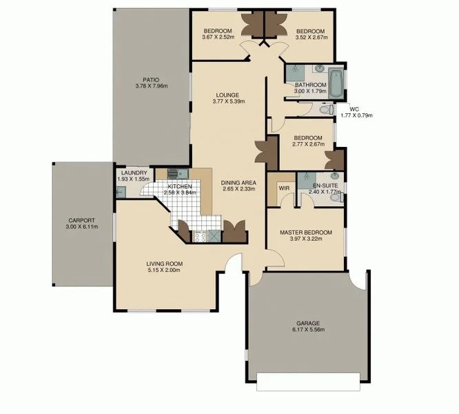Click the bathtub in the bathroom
tap(335, 83)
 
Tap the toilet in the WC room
tap(326, 108)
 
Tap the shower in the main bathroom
tap(294, 70)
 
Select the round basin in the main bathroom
tap(319, 68)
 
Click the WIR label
tap(283, 187)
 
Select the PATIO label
tap(151, 79)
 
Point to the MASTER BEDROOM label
tap(305, 233)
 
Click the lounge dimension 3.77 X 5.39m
tap(229, 102)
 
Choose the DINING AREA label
tap(238, 183)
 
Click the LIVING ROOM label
tap(163, 263)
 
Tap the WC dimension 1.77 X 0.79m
tap(356, 115)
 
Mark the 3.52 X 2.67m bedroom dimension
tap(310, 37)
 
